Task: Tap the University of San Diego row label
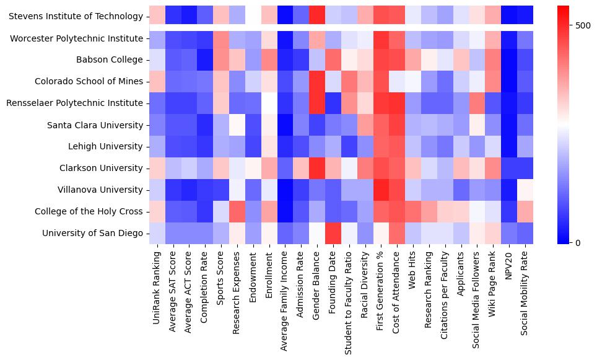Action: pyautogui.click(x=93, y=233)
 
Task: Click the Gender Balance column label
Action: pyautogui.click(x=317, y=278)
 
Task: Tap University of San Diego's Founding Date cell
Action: pyautogui.click(x=333, y=233)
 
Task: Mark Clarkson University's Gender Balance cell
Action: pyautogui.click(x=317, y=168)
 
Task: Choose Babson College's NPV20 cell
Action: pyautogui.click(x=509, y=60)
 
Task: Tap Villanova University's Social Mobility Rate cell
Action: pyautogui.click(x=525, y=190)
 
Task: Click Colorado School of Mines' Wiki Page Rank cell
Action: pyautogui.click(x=493, y=82)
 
